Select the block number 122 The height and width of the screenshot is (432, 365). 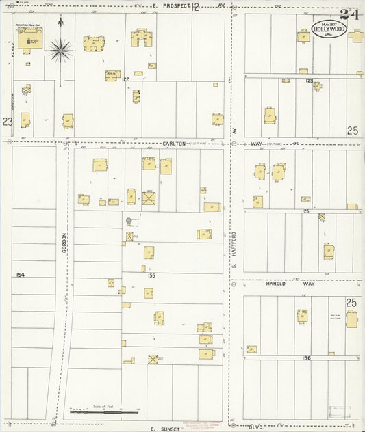point(125,80)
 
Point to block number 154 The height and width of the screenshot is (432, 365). point(21,274)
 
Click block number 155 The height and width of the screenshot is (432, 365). point(151,275)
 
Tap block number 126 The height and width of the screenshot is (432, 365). point(307,211)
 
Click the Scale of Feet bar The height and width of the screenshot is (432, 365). point(104,411)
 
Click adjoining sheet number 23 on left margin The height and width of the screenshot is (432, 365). point(7,121)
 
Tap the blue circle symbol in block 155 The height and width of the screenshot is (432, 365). point(129,220)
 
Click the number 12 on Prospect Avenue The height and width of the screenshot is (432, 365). point(197,8)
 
